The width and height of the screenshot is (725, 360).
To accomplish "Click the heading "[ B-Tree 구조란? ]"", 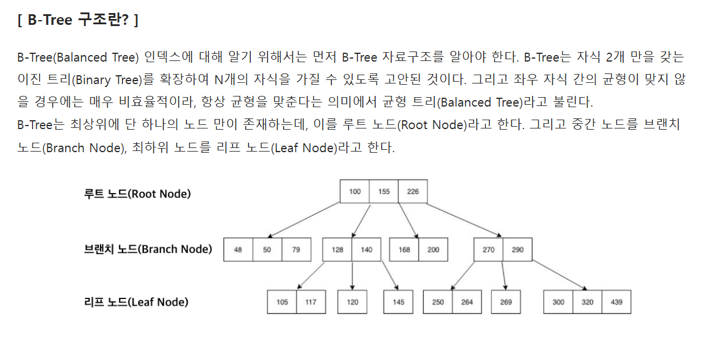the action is tap(78, 20).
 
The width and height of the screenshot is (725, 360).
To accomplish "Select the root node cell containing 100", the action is tap(355, 191).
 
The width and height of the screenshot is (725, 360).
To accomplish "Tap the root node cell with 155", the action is tap(384, 191).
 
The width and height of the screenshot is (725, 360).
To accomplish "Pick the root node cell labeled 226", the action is tap(413, 191).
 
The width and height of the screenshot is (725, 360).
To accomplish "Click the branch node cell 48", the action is tap(238, 250).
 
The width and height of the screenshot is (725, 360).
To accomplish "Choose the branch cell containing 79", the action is tap(296, 250).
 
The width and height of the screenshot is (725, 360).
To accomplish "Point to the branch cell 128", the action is tap(337, 250).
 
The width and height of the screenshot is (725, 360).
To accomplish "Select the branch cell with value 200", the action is tap(433, 250).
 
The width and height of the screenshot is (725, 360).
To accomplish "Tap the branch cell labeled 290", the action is tap(517, 250).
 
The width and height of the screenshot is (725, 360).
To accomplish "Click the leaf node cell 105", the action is tap(282, 302).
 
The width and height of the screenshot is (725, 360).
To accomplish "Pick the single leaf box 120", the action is tap(352, 302).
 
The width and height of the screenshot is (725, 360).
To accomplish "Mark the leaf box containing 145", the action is tap(398, 302).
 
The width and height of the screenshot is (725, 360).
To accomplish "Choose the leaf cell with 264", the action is tap(467, 302).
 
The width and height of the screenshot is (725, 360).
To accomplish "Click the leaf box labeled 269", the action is tap(506, 302).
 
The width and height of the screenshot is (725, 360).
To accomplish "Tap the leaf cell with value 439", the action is tap(616, 302).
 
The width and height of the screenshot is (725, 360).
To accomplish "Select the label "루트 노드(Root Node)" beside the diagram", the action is tap(137, 194).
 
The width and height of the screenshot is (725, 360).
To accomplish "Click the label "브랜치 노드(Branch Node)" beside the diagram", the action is tap(148, 249).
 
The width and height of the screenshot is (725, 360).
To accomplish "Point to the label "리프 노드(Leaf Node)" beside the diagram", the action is tap(136, 302).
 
